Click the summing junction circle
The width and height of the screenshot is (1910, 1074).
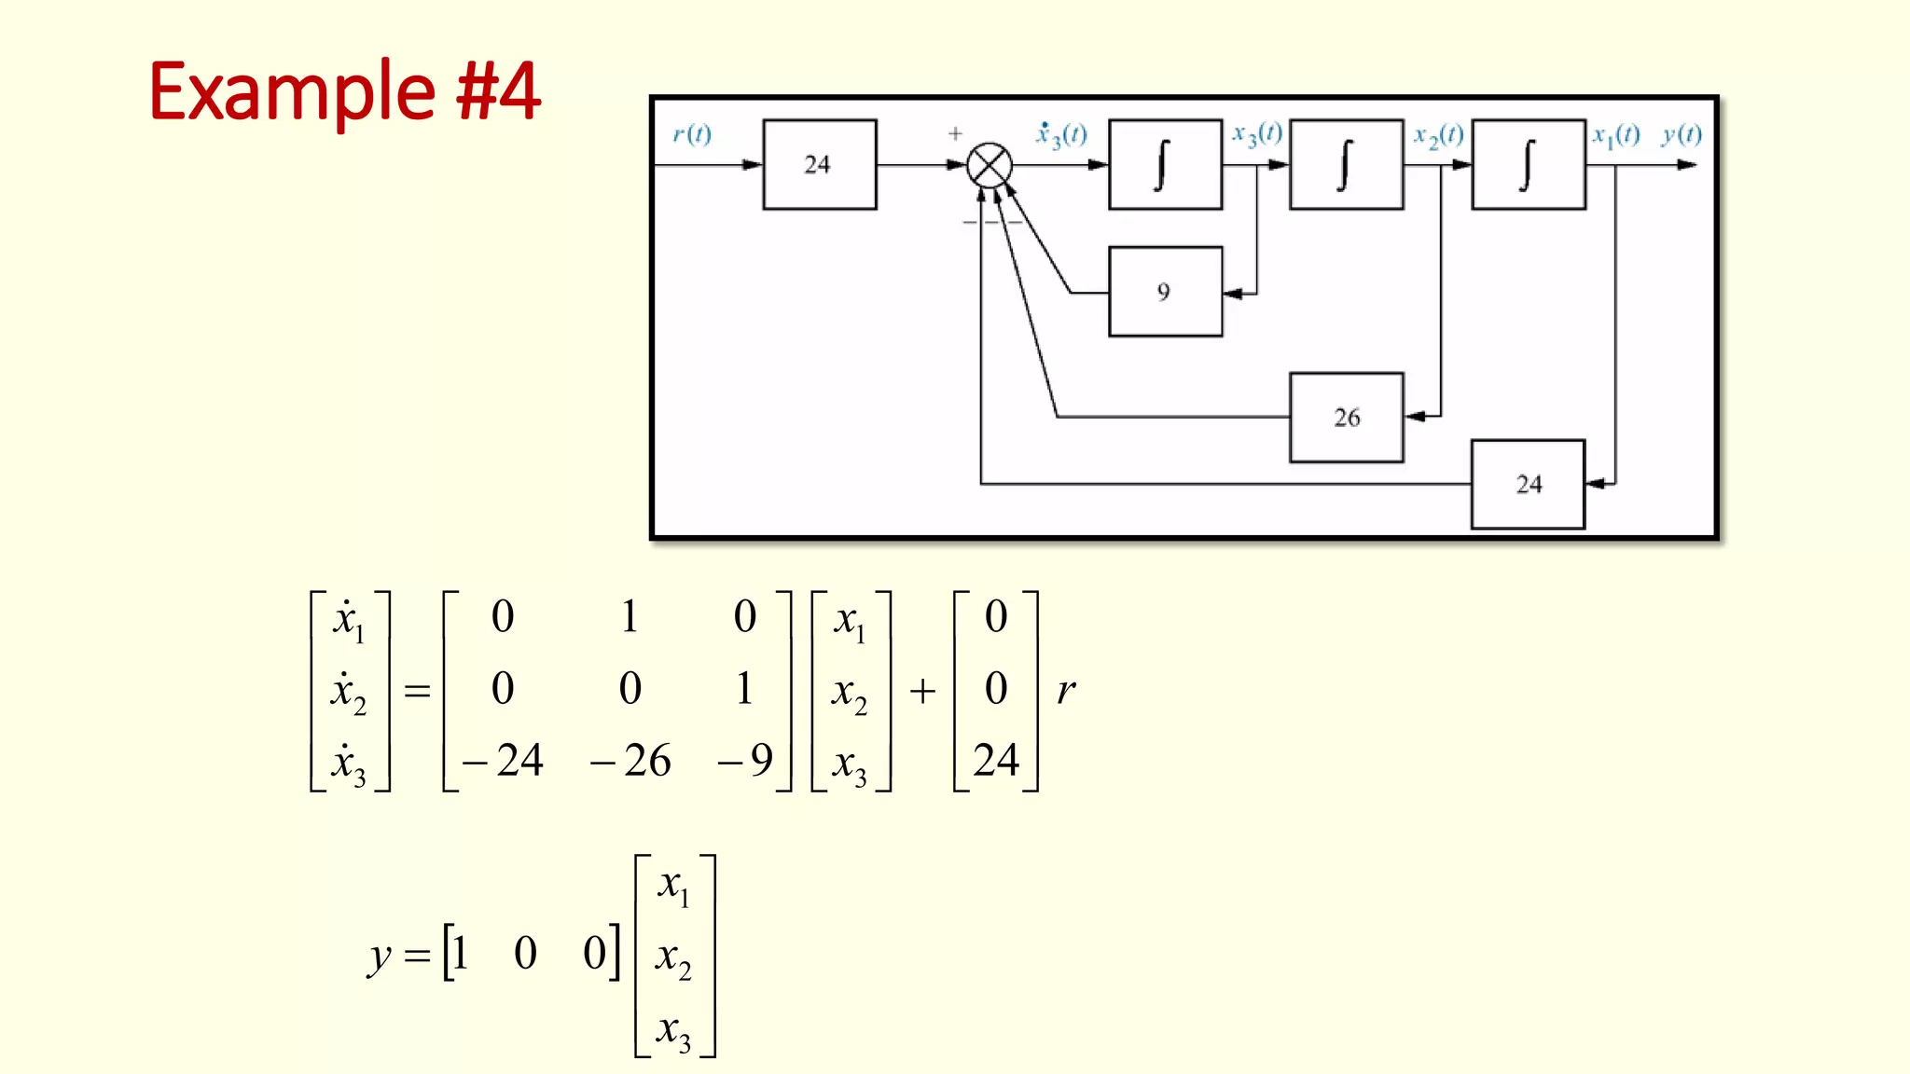[x=989, y=166]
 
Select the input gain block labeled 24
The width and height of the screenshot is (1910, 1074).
[x=819, y=165]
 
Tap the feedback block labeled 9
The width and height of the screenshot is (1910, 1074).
[x=1165, y=292]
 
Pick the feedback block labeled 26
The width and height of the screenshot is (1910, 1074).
[x=1346, y=418]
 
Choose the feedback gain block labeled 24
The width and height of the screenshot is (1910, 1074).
[x=1528, y=485]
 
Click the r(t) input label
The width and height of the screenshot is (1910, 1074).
[x=692, y=135]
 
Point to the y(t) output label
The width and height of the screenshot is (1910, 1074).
[x=1682, y=135]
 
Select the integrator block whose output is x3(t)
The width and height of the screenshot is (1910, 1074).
[x=1165, y=165]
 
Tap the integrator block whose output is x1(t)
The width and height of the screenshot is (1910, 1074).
[x=1528, y=165]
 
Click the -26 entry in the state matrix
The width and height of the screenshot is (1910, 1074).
[x=630, y=761]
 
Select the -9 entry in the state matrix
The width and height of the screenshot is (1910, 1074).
[x=746, y=761]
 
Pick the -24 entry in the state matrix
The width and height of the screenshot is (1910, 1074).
[x=504, y=761]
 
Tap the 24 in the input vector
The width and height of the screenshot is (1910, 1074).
[x=996, y=761]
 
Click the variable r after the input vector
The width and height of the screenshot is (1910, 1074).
[x=1066, y=691]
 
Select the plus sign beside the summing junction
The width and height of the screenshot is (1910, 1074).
[x=955, y=134]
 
